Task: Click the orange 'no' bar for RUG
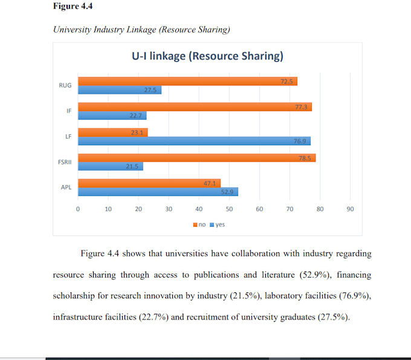coord(188,81)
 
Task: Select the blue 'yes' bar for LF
coord(194,141)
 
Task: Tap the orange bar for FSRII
coord(197,158)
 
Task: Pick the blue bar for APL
coord(158,192)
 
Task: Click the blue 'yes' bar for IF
coord(112,116)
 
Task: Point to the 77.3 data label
coord(301,107)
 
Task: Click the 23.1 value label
coord(137,133)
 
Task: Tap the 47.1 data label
coord(210,183)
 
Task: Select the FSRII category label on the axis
coord(65,162)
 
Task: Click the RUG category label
coord(65,85)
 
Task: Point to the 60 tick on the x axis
coord(259,209)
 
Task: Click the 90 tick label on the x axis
coord(350,209)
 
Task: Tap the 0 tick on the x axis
coord(78,209)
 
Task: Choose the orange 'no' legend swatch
coord(195,225)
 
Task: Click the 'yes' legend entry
coord(218,224)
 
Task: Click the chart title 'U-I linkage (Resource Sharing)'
coord(207,56)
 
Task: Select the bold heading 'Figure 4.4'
coord(73,6)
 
